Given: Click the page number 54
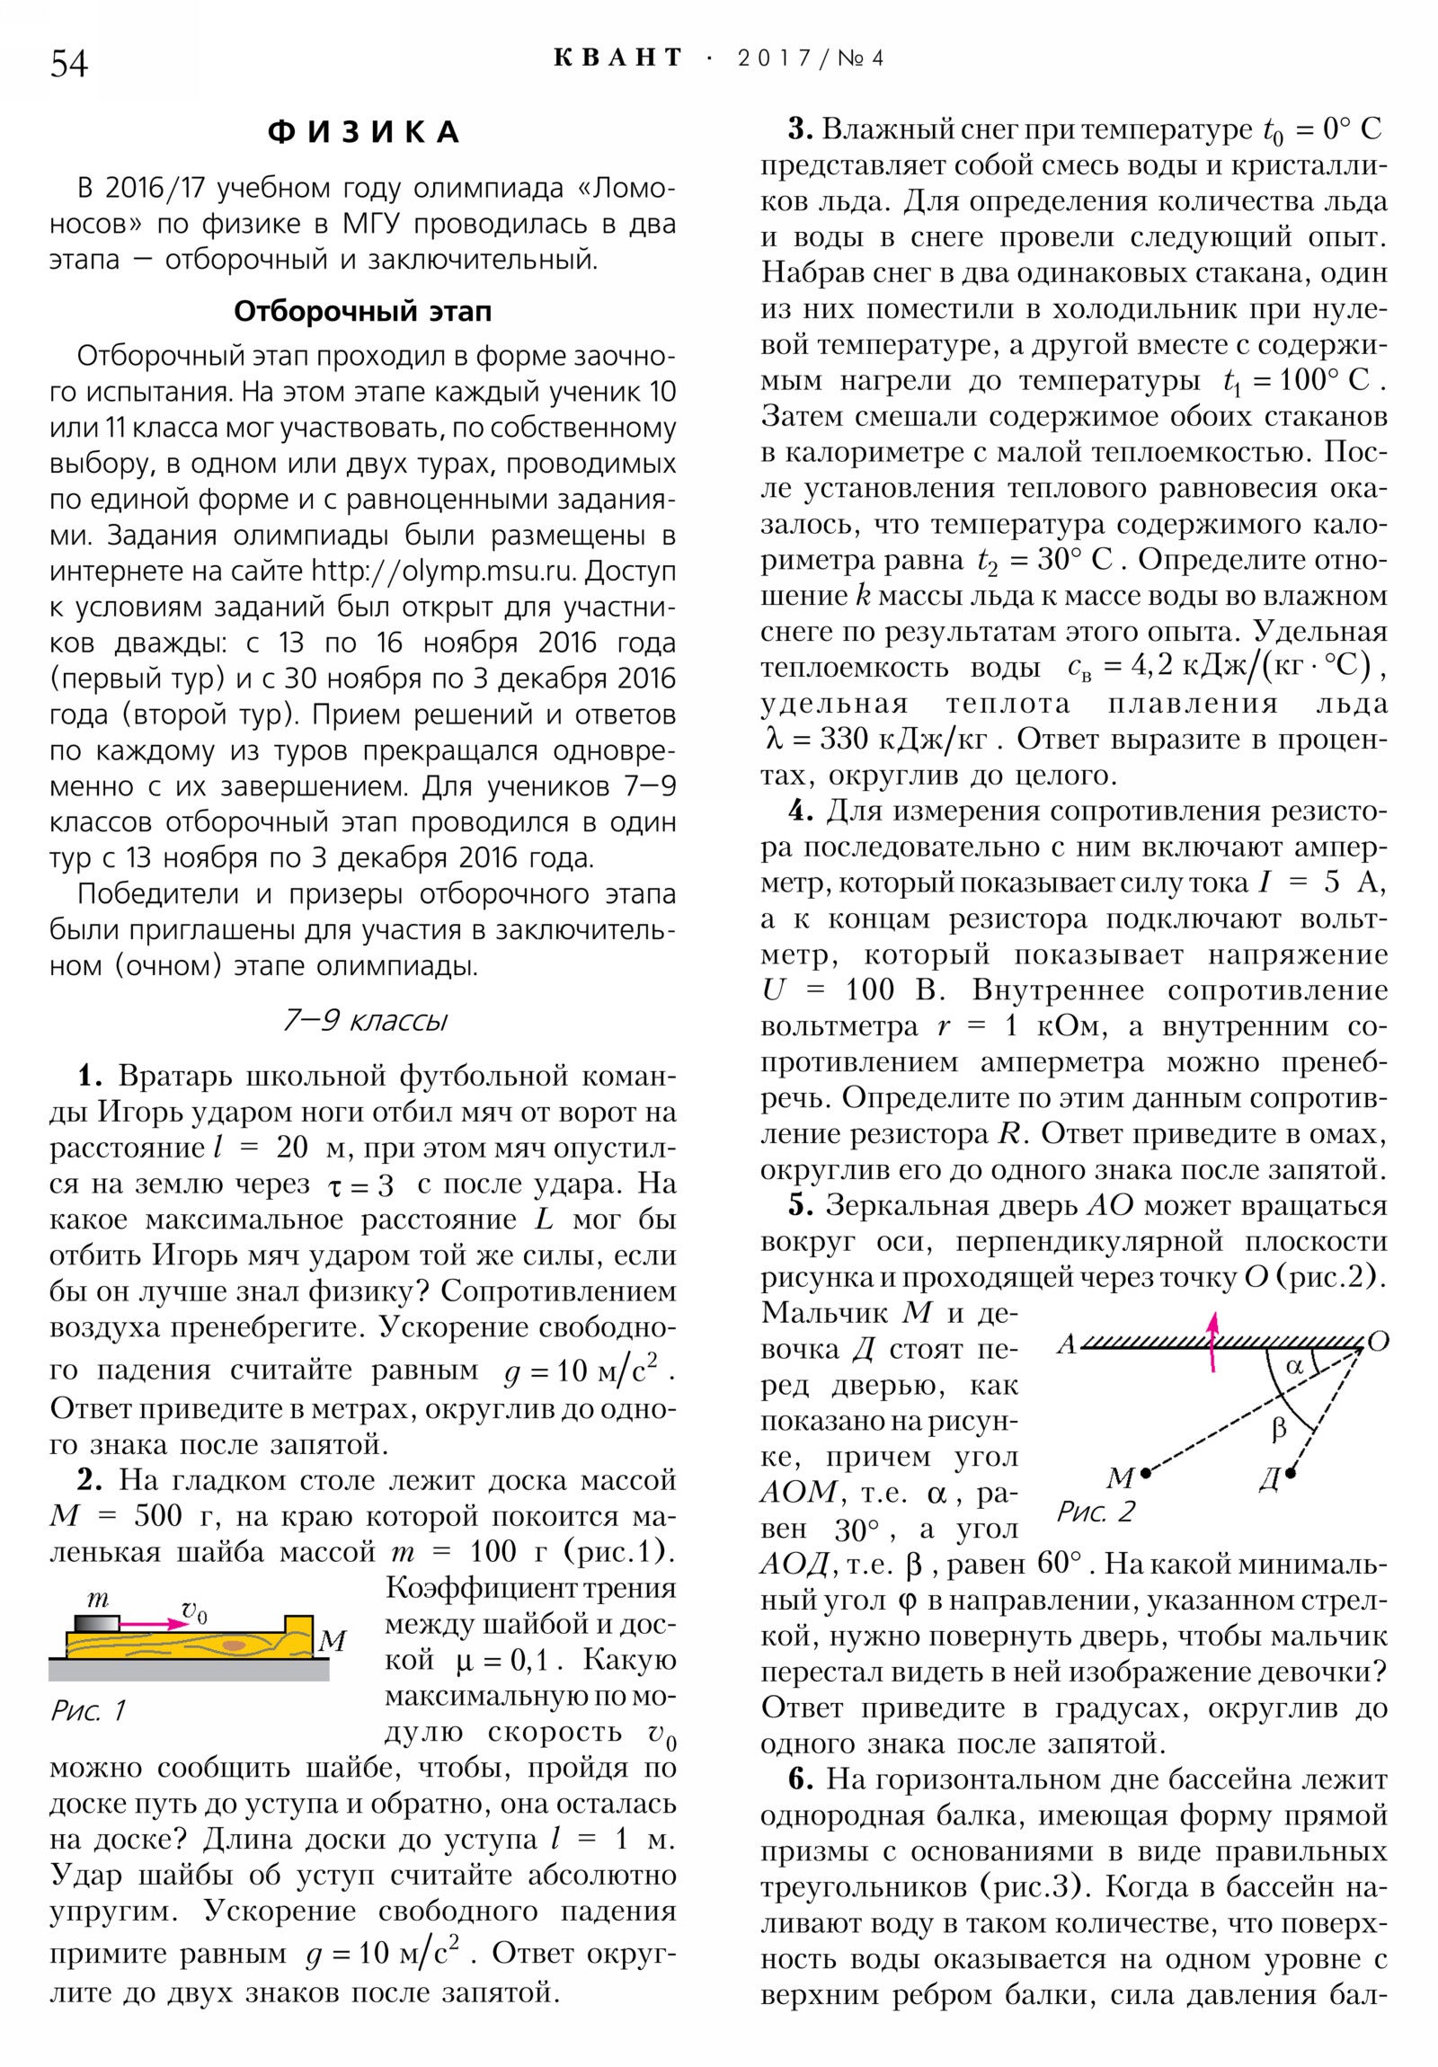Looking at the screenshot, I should point(68,64).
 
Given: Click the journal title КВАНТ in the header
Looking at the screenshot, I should point(617,58).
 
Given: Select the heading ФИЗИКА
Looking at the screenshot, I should point(364,132).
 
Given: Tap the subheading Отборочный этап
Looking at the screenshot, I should point(363,312).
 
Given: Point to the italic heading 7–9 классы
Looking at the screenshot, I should point(364,1020).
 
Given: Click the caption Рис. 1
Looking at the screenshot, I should point(87,1709).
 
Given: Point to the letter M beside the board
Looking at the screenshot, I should point(333,1641).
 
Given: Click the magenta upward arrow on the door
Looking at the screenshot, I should point(1213,1341).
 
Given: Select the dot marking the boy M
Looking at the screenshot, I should point(1145,1474).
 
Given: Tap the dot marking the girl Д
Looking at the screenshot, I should point(1291,1473).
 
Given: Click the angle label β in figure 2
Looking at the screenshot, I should point(1279,1429).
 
